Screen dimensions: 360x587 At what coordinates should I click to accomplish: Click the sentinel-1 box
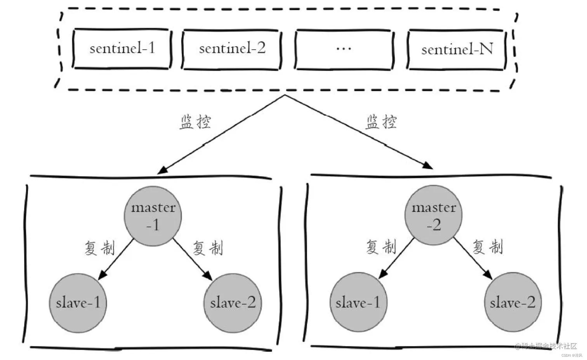pyautogui.click(x=122, y=49)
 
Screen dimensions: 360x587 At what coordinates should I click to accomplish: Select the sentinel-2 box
pyautogui.click(x=232, y=49)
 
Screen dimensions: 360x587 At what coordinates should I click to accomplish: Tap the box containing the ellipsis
pyautogui.click(x=344, y=49)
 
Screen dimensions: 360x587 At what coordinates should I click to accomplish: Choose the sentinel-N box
pyautogui.click(x=457, y=50)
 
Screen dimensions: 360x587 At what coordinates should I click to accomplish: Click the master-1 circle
pyautogui.click(x=153, y=216)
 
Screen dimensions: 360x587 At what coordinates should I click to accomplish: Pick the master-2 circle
pyautogui.click(x=433, y=216)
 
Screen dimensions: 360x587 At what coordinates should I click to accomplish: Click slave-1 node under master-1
pyautogui.click(x=78, y=303)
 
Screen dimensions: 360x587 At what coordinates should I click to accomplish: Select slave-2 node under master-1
pyautogui.click(x=233, y=303)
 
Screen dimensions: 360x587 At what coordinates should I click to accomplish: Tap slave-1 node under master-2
pyautogui.click(x=358, y=302)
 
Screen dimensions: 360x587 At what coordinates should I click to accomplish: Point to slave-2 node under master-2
pyautogui.click(x=512, y=302)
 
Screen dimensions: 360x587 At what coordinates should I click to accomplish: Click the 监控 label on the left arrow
pyautogui.click(x=195, y=122)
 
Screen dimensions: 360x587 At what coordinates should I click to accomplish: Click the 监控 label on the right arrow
pyautogui.click(x=381, y=122)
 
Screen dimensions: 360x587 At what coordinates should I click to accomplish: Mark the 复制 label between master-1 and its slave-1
pyautogui.click(x=100, y=248)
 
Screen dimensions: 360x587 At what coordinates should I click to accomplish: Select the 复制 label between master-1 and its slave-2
pyautogui.click(x=208, y=248)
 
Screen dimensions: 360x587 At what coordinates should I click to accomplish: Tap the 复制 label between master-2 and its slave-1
pyautogui.click(x=381, y=247)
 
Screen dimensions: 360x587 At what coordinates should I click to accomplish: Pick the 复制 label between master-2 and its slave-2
pyautogui.click(x=488, y=247)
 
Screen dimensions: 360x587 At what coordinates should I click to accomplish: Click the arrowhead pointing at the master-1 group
pyautogui.click(x=162, y=170)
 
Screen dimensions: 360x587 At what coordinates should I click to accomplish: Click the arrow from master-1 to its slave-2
pyautogui.click(x=192, y=259)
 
